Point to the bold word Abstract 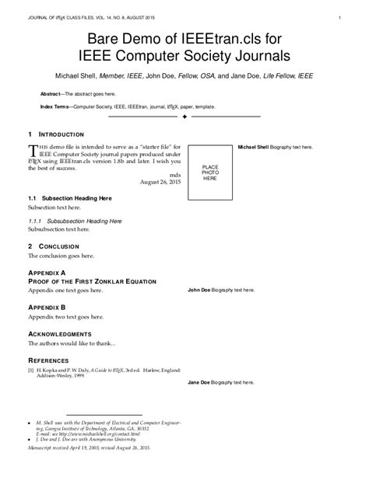point(51,93)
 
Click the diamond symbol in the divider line point(184,118)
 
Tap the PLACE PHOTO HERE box point(209,172)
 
